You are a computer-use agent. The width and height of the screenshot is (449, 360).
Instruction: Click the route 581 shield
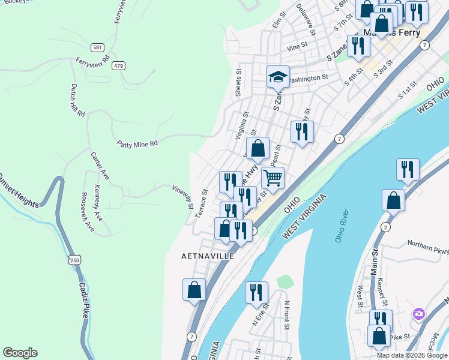[x=97, y=47]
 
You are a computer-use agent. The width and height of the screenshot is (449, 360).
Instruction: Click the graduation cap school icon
[x=278, y=76]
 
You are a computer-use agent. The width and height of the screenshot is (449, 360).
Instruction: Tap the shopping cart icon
[x=273, y=178]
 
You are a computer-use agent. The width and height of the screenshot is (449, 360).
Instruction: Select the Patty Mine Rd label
[x=137, y=143]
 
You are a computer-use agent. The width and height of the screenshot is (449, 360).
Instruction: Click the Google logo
[x=20, y=353]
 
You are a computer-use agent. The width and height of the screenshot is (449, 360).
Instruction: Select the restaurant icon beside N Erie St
[x=256, y=292]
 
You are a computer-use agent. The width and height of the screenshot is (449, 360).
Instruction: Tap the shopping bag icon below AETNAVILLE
[x=194, y=290]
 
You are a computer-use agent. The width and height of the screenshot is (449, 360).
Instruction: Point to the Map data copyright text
[x=412, y=355]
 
